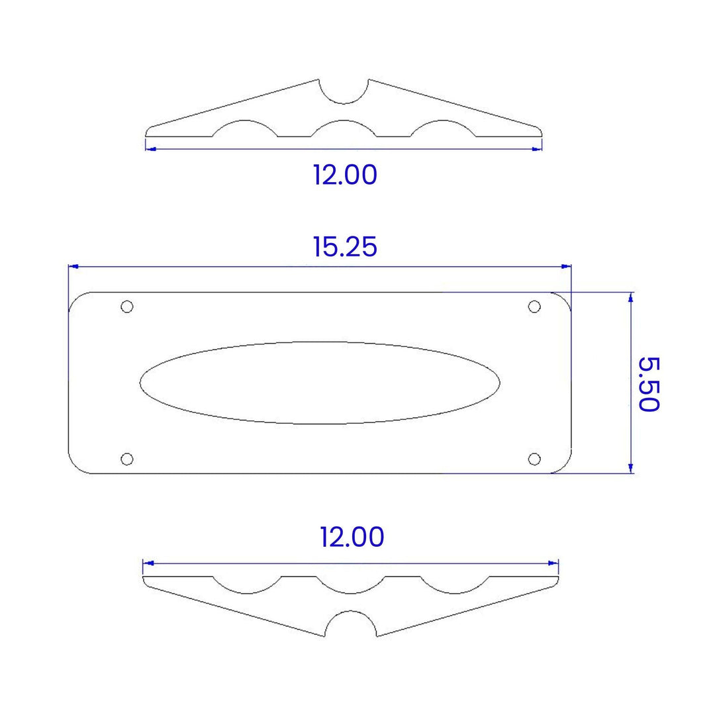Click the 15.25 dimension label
click(x=345, y=247)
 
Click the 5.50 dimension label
click(x=648, y=385)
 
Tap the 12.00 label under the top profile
click(x=345, y=175)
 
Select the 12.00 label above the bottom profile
click(x=352, y=537)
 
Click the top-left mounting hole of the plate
click(x=126, y=307)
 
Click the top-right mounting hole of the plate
click(x=534, y=307)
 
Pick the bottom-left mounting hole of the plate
click(x=126, y=459)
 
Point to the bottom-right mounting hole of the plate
click(x=534, y=459)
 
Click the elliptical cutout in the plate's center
click(x=320, y=342)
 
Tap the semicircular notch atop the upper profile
click(x=344, y=103)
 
